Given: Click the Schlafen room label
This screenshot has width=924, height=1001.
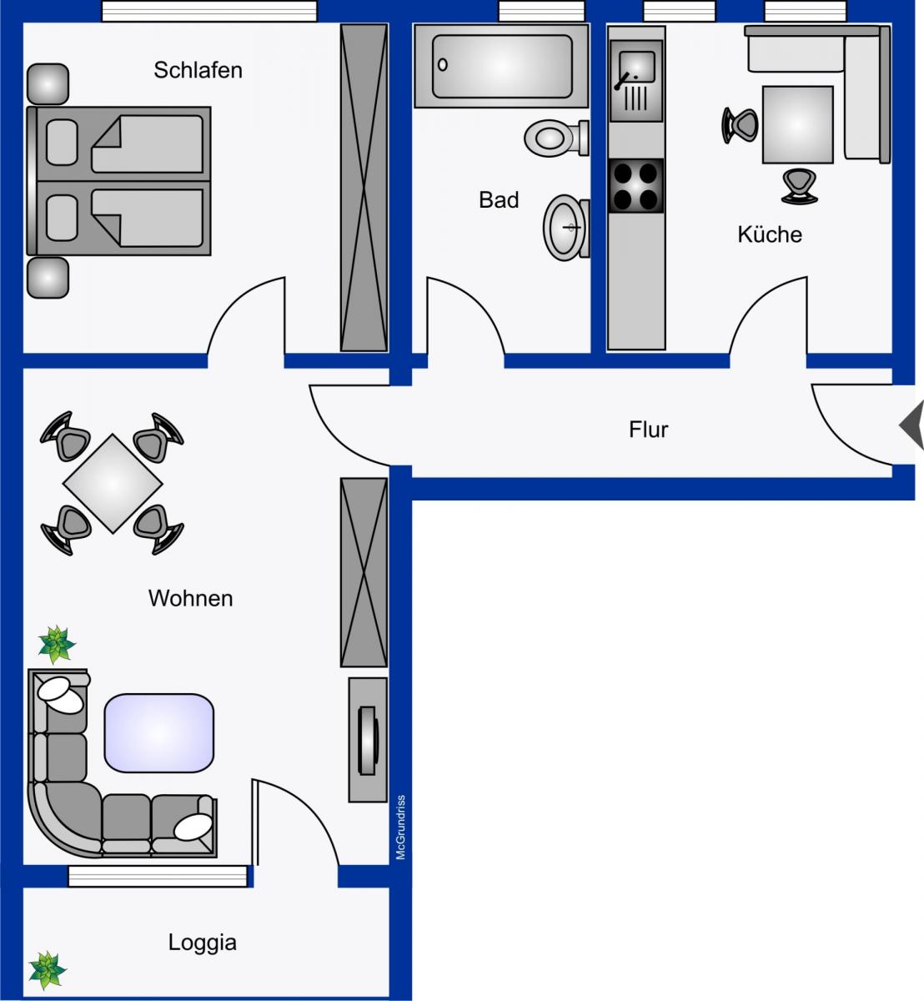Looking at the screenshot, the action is (198, 70).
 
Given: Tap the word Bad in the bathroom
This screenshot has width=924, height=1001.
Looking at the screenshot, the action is (499, 200).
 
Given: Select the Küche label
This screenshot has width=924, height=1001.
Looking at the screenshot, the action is (770, 234).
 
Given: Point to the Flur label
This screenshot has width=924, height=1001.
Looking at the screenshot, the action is (648, 430).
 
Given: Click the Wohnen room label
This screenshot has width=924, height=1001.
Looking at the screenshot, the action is (190, 598).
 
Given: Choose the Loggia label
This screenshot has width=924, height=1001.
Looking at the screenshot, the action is (202, 943).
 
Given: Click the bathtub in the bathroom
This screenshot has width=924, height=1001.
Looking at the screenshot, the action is (501, 66).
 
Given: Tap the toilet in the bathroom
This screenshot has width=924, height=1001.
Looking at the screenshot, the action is (556, 138).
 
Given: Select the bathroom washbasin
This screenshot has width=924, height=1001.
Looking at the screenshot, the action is (566, 228).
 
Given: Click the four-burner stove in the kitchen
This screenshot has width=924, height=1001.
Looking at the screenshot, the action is (635, 186).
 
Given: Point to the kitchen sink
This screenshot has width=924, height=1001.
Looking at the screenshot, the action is (635, 81).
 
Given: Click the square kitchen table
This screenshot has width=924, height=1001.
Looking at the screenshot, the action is (797, 124).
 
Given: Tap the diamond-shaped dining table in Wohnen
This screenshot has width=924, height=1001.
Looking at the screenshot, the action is (113, 483).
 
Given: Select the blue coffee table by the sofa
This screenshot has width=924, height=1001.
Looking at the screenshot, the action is (158, 733).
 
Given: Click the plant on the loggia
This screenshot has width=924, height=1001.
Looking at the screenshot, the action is (48, 970).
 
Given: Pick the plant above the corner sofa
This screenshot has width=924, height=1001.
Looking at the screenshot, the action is (57, 645).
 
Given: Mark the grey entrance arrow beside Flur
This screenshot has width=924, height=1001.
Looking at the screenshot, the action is (911, 425).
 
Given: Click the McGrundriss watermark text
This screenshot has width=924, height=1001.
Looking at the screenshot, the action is (401, 827).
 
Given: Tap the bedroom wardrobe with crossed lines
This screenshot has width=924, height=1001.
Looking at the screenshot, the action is (364, 188).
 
